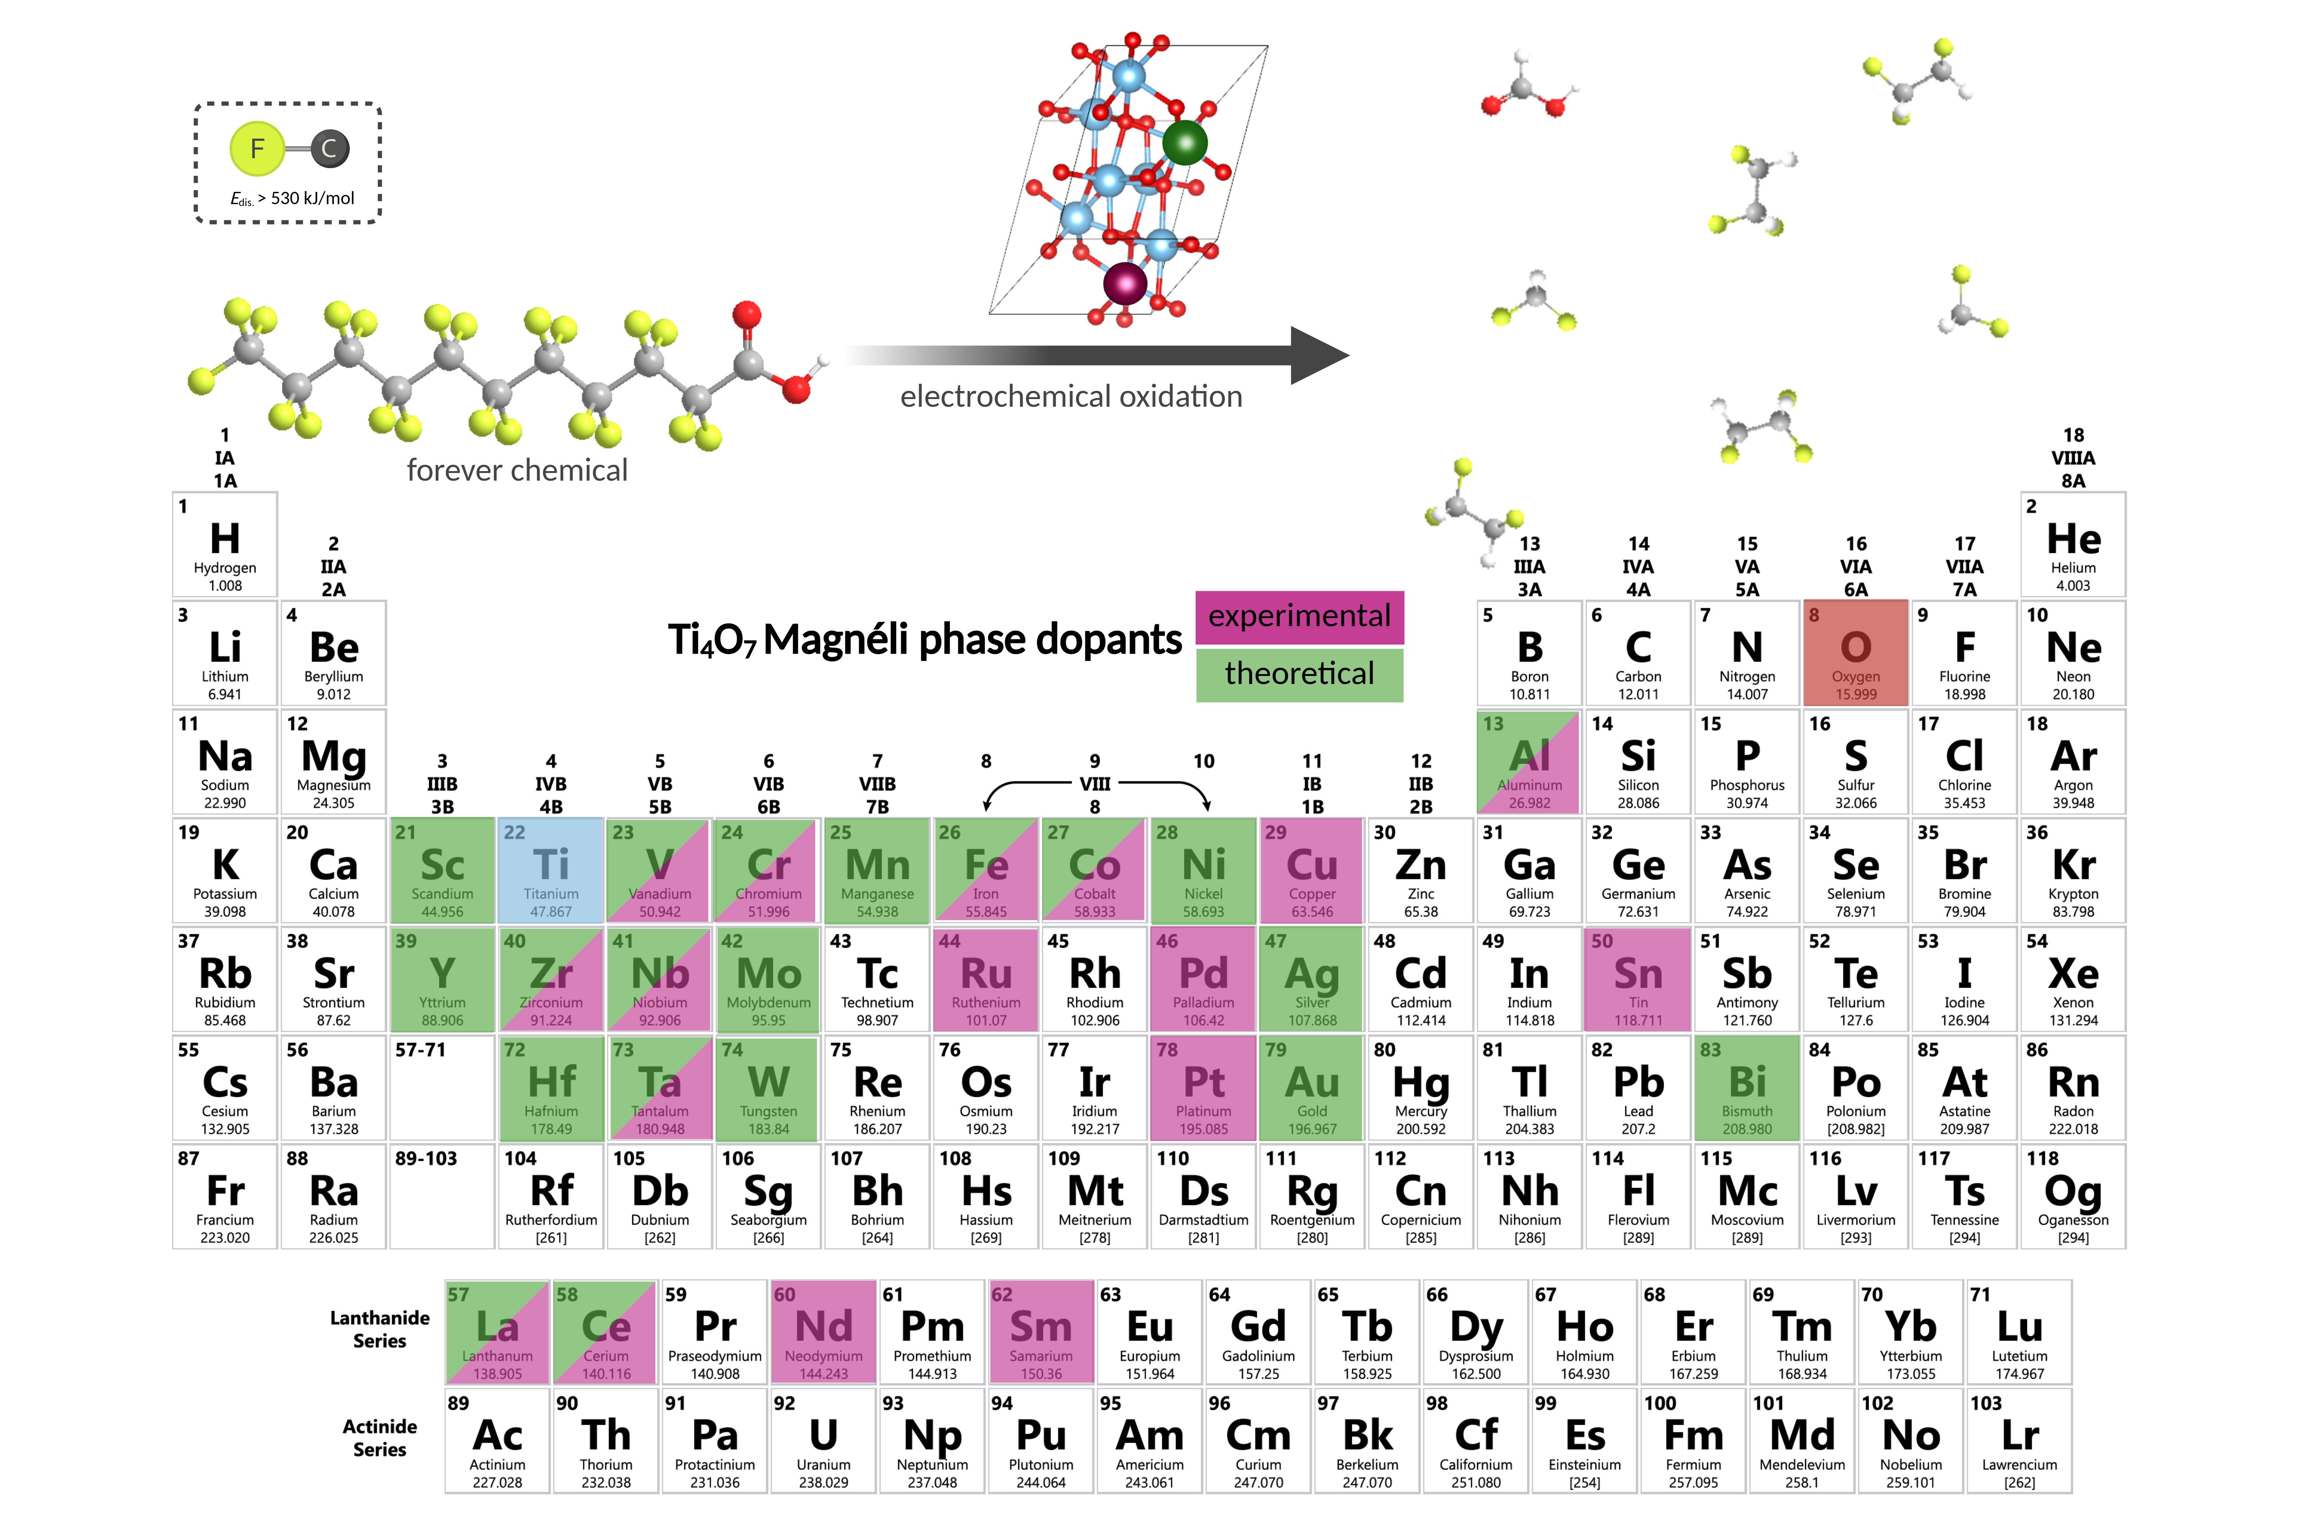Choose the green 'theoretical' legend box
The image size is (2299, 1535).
1299,674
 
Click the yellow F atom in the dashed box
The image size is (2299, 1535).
257,149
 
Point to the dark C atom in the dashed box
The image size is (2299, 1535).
329,149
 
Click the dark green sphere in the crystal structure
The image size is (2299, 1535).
1185,143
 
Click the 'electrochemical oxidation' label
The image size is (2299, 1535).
1071,396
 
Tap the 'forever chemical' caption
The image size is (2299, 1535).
517,471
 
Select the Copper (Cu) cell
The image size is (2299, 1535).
1312,870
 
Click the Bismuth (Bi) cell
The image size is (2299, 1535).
1747,1088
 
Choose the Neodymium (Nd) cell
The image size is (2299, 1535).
823,1331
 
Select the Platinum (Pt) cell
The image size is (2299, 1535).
1204,1088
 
